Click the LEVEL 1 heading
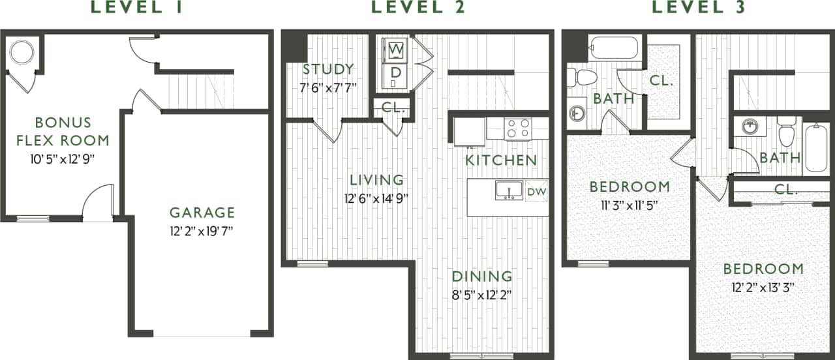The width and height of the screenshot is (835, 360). tap(136, 8)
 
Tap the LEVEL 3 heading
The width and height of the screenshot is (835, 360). tap(699, 8)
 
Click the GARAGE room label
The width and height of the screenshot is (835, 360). tap(202, 213)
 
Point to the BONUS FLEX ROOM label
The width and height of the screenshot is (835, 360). tap(63, 131)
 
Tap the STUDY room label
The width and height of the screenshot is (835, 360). tap(328, 69)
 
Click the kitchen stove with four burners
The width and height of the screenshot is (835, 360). tap(518, 128)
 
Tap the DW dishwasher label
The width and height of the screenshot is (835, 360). tap(536, 191)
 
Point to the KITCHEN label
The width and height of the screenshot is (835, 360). tap(501, 160)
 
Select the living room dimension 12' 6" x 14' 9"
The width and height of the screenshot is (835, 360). tap(376, 197)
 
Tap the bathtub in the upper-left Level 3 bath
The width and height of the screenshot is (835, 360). tap(613, 48)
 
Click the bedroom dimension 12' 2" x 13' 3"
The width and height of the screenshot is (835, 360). tap(763, 286)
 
